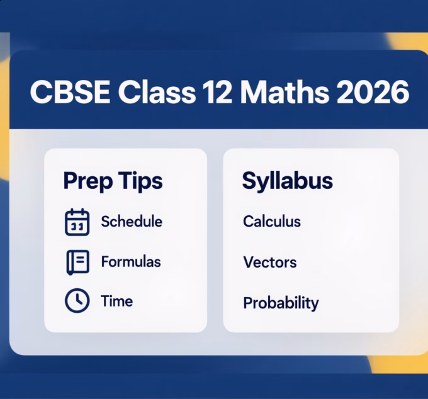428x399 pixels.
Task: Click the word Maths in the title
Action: click(x=285, y=93)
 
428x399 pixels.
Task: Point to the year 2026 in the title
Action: click(x=372, y=93)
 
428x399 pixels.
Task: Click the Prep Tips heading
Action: click(x=113, y=181)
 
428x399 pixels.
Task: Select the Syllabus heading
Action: click(x=288, y=181)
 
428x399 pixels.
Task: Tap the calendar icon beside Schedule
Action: click(x=77, y=222)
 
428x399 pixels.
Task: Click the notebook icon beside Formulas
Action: click(x=77, y=262)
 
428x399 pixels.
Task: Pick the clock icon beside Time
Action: click(x=77, y=301)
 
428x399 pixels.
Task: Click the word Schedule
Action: click(x=132, y=222)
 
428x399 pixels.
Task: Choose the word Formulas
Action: click(x=131, y=261)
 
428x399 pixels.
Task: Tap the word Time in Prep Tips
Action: click(x=117, y=301)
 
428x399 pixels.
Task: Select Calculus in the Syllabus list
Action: click(x=272, y=222)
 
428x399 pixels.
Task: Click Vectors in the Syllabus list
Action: click(x=270, y=262)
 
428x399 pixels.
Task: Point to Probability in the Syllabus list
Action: click(x=281, y=303)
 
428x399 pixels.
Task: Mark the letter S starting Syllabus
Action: click(x=249, y=181)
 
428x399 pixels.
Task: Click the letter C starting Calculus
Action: click(x=247, y=222)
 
